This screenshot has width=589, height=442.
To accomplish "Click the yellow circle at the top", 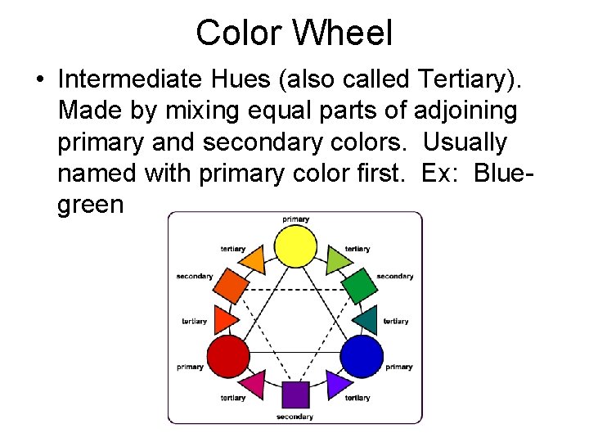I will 295,246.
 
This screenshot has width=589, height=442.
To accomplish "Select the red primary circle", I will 227,355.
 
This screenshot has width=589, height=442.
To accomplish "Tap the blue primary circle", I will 362,355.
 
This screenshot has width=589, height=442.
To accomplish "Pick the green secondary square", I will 357,285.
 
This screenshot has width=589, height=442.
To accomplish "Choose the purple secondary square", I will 295,395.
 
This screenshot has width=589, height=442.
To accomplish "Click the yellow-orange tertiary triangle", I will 254,260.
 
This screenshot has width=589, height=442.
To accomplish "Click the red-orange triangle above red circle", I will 225,318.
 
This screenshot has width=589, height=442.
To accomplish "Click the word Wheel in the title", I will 343,33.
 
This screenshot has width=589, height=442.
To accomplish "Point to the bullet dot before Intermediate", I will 39,80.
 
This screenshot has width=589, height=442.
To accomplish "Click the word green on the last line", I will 90,205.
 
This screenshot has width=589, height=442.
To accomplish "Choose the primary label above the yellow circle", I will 295,219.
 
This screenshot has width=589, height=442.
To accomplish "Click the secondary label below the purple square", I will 294,417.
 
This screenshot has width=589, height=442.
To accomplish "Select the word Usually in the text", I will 465,142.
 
